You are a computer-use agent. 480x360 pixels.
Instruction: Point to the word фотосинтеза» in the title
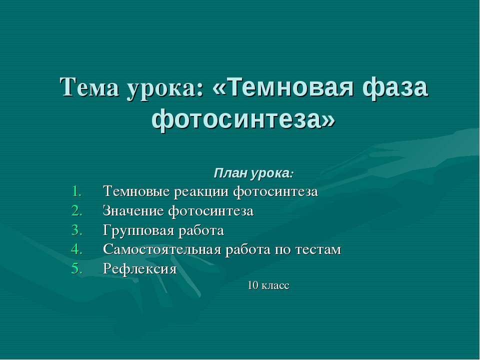click(243, 120)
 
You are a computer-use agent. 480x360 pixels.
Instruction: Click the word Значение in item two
click(133, 211)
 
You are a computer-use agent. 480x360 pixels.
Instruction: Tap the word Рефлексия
click(139, 269)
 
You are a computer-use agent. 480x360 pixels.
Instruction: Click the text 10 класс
click(268, 286)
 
